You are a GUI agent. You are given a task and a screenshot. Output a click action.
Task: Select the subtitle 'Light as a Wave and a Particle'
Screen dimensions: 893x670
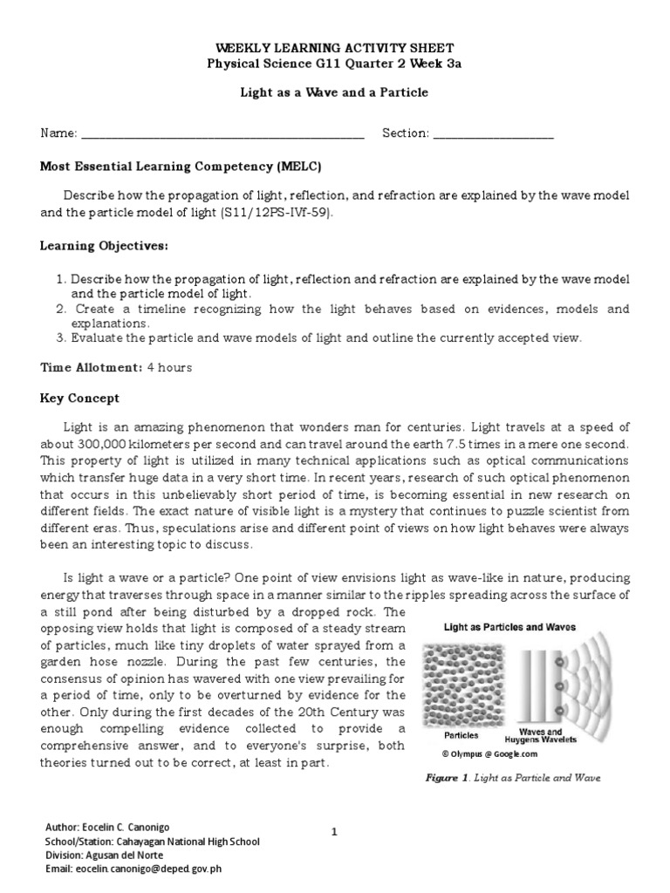point(335,92)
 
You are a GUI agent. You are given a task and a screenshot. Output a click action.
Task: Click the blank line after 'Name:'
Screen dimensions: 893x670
point(222,135)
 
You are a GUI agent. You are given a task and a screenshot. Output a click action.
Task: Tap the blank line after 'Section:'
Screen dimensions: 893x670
point(494,135)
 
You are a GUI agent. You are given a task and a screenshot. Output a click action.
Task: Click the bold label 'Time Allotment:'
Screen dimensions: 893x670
point(91,368)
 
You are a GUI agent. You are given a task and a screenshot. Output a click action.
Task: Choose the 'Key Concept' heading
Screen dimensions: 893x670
point(79,399)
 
